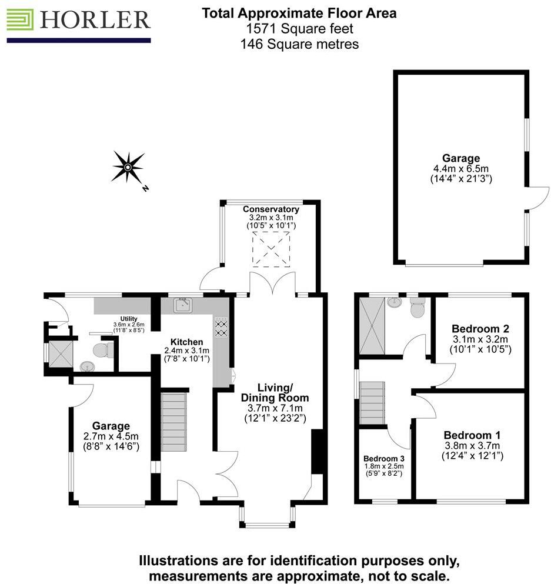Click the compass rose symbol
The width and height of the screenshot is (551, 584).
[x=128, y=167]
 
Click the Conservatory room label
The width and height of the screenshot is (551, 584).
[x=271, y=209]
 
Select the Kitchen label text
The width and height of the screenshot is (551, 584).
[x=187, y=342]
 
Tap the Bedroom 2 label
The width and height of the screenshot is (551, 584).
[x=480, y=328]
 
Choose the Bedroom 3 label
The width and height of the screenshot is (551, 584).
[x=383, y=458]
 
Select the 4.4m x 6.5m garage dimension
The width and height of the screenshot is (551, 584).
[x=460, y=168]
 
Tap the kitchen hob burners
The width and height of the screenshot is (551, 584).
[x=222, y=328]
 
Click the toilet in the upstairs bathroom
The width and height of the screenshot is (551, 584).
[x=418, y=307]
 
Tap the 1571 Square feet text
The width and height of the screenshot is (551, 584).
[x=299, y=28]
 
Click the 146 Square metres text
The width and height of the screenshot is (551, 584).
[x=299, y=44]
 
